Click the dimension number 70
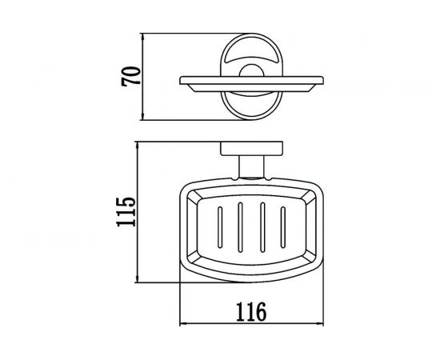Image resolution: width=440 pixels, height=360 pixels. coord(130,76)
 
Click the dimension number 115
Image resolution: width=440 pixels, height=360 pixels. coord(126,212)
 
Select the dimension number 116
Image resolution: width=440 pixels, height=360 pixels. coord(251,312)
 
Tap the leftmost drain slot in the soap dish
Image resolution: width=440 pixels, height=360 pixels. coord(220,227)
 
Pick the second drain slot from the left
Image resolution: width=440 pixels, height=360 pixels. coord(240,227)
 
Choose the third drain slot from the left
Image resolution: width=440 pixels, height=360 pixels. coord(262,227)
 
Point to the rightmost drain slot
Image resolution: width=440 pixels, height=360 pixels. coord(283,227)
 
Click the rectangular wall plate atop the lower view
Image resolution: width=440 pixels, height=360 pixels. coord(251,149)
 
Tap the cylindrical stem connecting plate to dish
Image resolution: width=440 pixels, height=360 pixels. coord(251,167)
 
